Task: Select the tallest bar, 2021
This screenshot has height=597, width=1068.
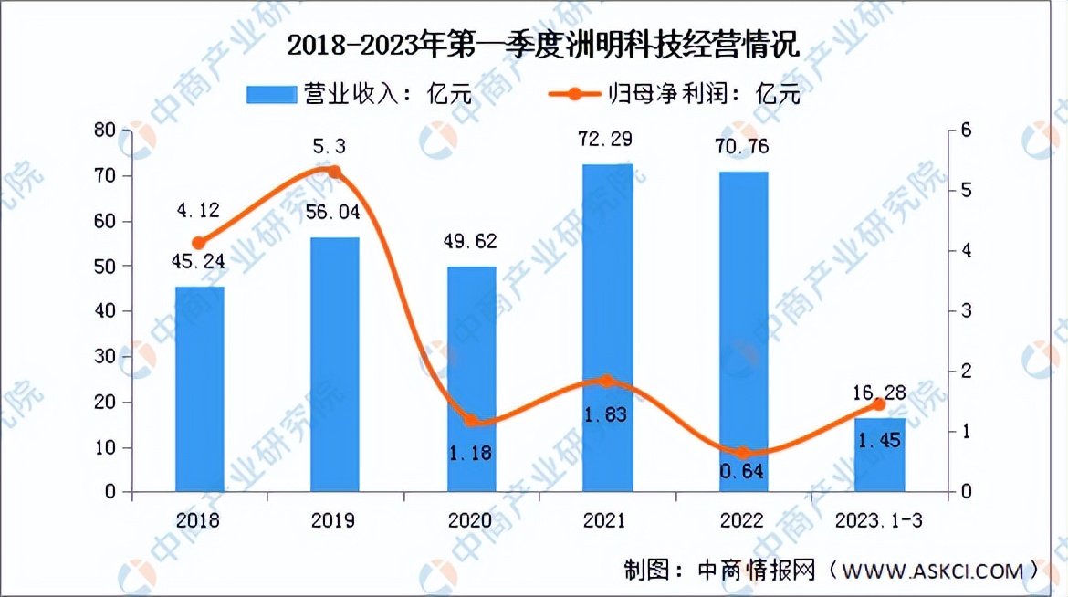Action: pyautogui.click(x=608, y=329)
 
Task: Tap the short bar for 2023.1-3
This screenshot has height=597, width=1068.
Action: pyautogui.click(x=880, y=456)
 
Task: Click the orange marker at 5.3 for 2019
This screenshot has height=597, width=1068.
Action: pyautogui.click(x=334, y=172)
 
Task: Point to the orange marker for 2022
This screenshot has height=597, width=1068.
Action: pyautogui.click(x=743, y=453)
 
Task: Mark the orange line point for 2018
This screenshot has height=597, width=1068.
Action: pyautogui.click(x=199, y=243)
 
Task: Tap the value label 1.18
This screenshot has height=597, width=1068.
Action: pyautogui.click(x=472, y=452)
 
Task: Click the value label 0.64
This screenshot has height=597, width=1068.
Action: pyautogui.click(x=743, y=473)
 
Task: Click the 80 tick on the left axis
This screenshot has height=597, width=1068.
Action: pyautogui.click(x=106, y=131)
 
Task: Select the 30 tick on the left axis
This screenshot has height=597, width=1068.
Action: pyautogui.click(x=106, y=356)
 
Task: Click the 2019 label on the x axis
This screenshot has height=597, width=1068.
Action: pyautogui.click(x=333, y=520)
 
